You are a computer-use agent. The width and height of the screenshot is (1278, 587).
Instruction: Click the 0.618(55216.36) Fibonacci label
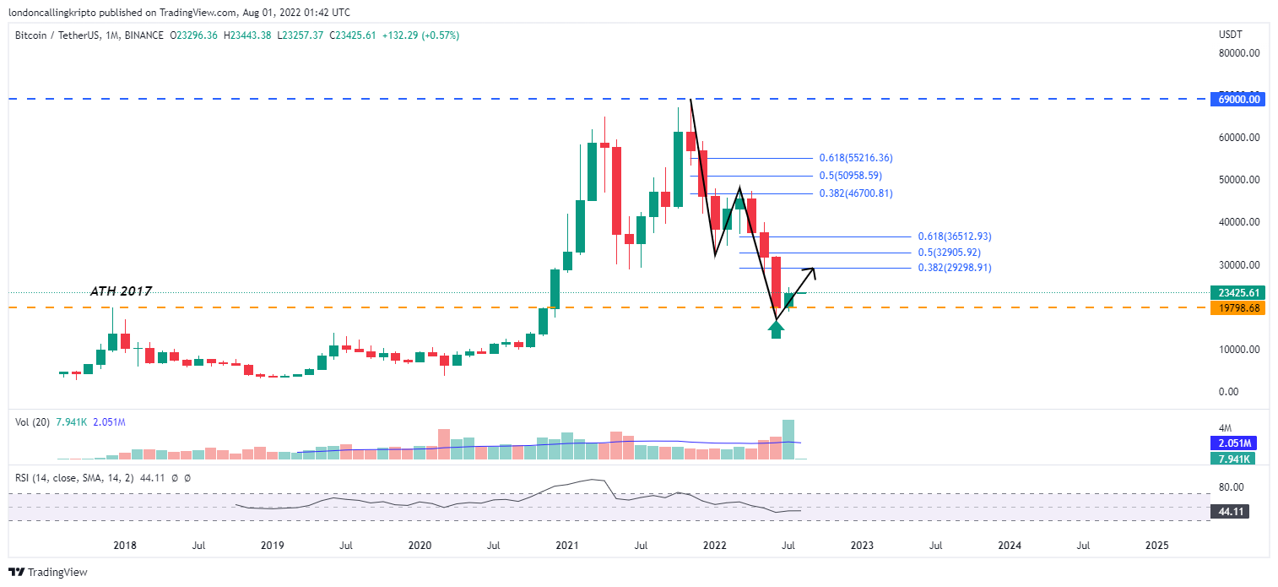(855, 158)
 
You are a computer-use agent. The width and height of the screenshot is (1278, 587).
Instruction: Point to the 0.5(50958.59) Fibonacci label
(850, 176)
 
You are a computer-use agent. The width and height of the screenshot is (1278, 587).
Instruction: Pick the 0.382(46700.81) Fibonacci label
(855, 193)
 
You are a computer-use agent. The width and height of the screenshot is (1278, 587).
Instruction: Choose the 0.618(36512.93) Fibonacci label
(954, 236)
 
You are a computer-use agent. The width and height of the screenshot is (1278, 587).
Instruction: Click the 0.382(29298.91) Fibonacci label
(954, 268)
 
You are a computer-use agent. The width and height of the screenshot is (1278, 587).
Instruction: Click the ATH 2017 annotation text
(121, 291)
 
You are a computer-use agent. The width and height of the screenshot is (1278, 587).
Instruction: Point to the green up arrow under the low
(777, 329)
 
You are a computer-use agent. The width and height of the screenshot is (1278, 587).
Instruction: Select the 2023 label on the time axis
(862, 546)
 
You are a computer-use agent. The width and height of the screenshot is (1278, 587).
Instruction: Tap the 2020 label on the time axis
(419, 546)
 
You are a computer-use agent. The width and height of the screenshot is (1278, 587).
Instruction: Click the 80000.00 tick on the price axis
(1239, 52)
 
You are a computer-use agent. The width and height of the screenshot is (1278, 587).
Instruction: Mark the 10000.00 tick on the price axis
(1239, 350)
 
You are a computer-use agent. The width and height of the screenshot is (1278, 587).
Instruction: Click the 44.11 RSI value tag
(1229, 511)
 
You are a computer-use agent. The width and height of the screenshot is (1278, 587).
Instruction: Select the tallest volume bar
(789, 439)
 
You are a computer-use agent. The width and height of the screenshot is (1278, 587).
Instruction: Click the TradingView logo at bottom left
(49, 572)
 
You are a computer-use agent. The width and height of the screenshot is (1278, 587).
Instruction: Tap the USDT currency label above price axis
(1231, 35)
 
